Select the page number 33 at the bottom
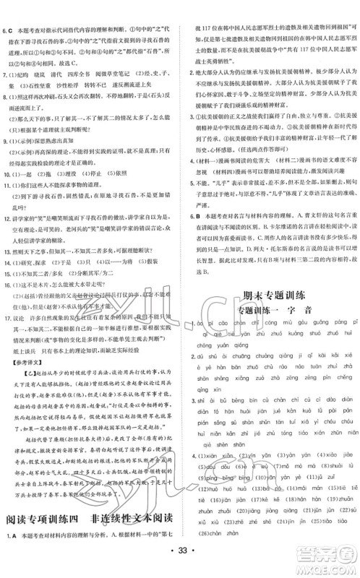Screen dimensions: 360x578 pos(180,558)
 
